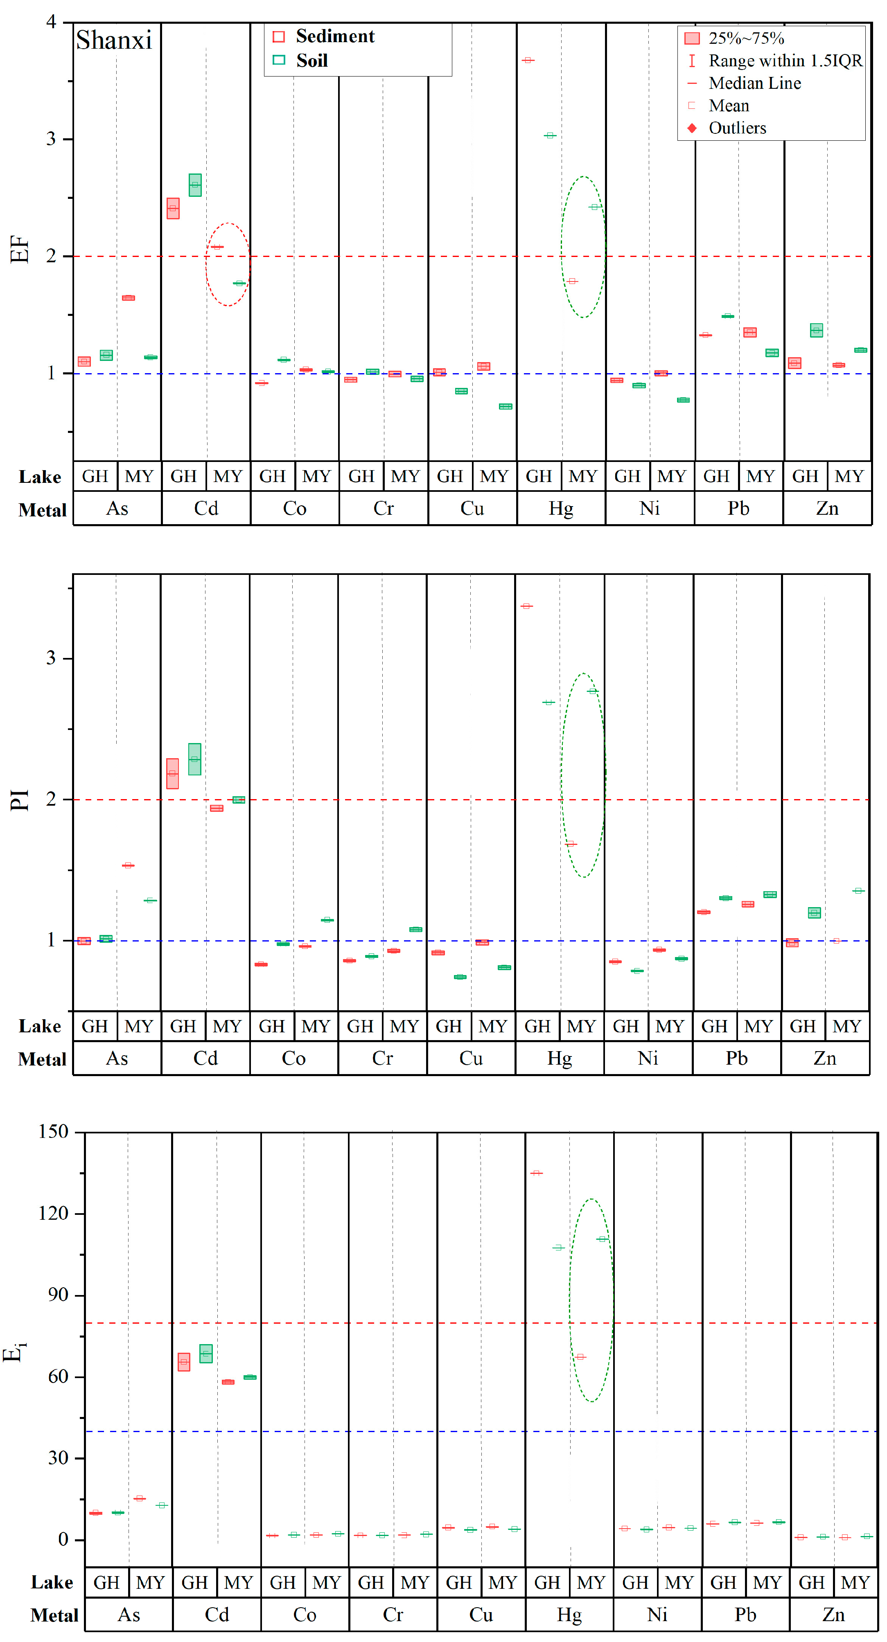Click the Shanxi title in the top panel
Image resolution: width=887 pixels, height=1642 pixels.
click(x=114, y=40)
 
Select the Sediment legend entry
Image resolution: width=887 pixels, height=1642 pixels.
click(x=335, y=36)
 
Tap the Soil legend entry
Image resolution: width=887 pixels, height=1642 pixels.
click(x=312, y=61)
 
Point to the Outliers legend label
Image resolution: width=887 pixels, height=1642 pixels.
click(x=737, y=128)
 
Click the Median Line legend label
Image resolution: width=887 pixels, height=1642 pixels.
click(x=754, y=83)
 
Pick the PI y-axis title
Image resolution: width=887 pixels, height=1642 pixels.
click(x=20, y=800)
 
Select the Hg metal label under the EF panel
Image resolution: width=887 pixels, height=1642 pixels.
click(x=560, y=509)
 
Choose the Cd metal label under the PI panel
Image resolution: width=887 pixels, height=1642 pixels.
click(x=205, y=1058)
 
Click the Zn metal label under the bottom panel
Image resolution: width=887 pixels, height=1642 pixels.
click(x=833, y=1615)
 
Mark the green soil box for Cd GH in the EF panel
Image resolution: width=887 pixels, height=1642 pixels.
click(x=195, y=185)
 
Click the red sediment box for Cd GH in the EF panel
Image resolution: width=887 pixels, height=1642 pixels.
click(x=173, y=208)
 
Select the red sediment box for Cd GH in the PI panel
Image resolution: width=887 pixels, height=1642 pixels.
click(x=172, y=773)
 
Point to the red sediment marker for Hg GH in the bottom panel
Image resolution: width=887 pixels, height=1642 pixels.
click(x=536, y=1173)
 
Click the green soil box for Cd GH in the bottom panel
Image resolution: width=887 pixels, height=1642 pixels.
click(x=206, y=1353)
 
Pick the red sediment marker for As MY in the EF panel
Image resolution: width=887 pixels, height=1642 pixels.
click(x=128, y=298)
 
